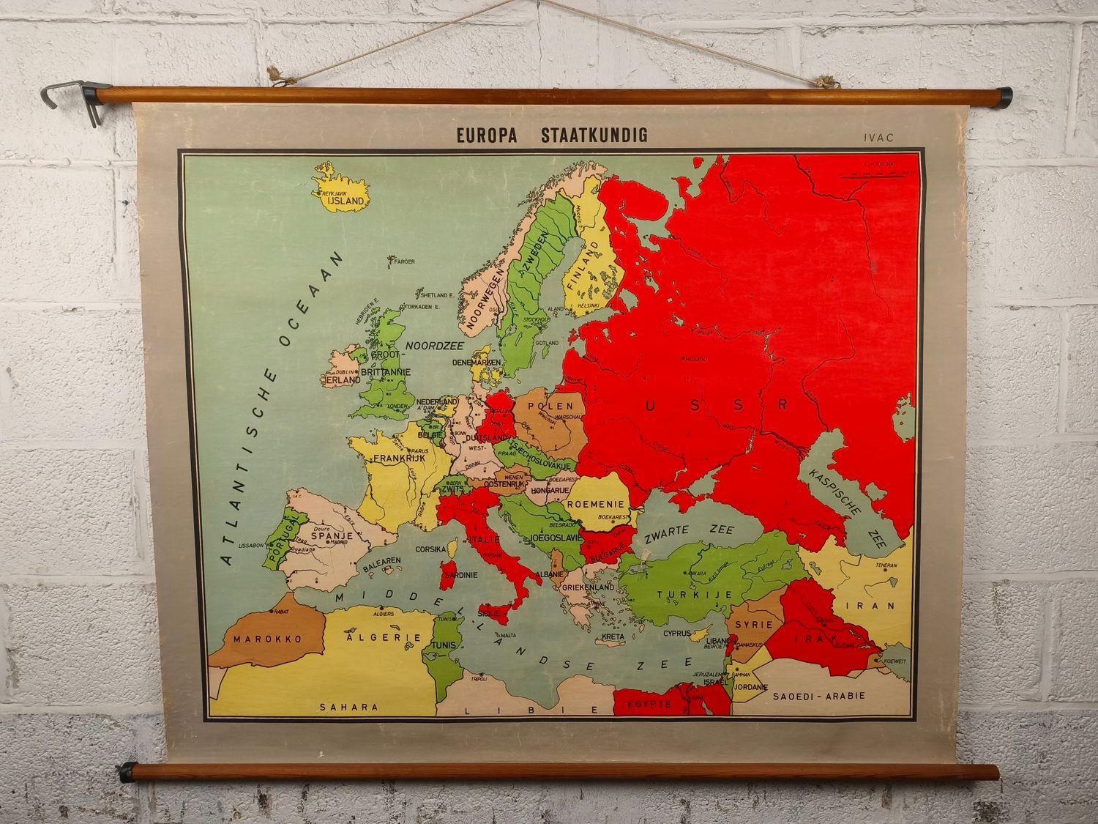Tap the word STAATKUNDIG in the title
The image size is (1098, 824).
[594, 136]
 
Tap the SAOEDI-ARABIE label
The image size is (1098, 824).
[819, 696]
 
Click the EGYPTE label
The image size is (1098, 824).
[649, 704]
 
